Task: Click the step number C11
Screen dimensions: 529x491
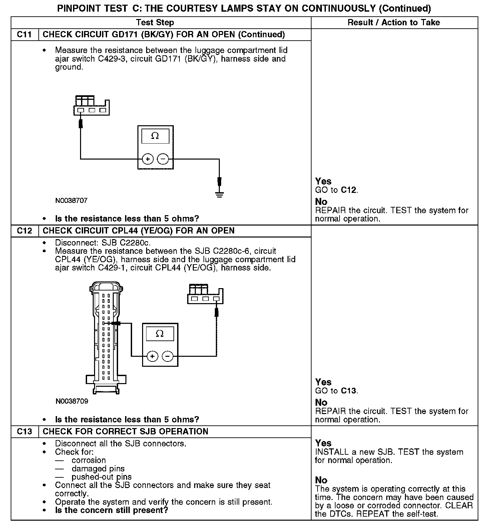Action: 24,35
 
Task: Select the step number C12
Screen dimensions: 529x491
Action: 24,231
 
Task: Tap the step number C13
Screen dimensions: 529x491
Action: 24,432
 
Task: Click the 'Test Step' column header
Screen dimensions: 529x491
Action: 155,23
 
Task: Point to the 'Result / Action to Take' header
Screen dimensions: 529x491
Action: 394,23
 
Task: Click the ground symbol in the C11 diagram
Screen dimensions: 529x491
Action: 219,194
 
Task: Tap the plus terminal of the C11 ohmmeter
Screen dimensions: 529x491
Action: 147,159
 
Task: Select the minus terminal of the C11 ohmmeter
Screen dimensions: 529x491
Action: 163,159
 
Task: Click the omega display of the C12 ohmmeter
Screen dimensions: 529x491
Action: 160,333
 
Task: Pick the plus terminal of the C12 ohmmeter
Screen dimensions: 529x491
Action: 152,356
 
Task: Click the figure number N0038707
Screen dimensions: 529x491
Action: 71,201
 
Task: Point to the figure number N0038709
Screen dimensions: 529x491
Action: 72,401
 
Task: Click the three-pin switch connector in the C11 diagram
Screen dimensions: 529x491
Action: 91,106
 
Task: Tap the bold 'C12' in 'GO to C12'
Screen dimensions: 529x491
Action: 349,190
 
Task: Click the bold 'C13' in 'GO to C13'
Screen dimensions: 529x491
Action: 349,391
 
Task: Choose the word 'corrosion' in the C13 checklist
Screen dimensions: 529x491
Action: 88,460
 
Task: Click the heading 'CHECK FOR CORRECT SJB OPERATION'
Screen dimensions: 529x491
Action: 125,432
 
